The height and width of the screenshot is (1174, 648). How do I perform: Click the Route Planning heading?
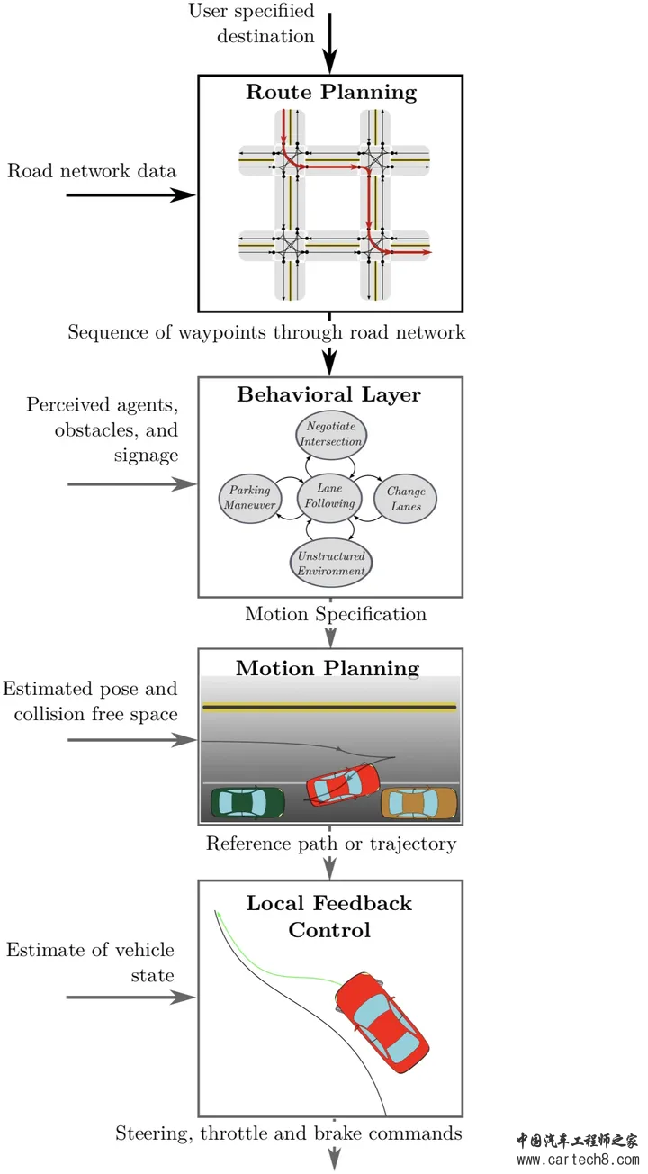(x=330, y=92)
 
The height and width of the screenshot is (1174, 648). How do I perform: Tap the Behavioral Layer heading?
(x=329, y=394)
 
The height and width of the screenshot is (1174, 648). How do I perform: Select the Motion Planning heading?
(x=328, y=668)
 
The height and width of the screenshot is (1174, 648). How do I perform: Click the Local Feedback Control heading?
(x=329, y=917)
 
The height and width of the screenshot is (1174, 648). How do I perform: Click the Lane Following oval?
(x=329, y=496)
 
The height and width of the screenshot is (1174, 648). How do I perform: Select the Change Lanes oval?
(x=405, y=499)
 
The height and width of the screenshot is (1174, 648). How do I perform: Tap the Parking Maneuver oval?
(x=250, y=498)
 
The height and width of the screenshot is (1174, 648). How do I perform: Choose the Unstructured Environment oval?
(x=332, y=564)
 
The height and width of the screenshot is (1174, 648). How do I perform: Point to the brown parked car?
(x=418, y=801)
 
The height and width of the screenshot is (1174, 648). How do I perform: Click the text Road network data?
(x=92, y=171)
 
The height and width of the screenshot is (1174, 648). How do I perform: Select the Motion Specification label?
(x=336, y=614)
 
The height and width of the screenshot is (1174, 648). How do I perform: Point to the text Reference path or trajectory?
(x=330, y=844)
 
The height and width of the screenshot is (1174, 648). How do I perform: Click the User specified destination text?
(x=252, y=23)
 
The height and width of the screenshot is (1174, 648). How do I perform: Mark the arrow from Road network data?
(x=131, y=194)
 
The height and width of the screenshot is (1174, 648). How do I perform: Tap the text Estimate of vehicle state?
(x=90, y=962)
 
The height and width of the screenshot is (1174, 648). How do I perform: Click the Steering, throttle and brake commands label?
(x=288, y=1133)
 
